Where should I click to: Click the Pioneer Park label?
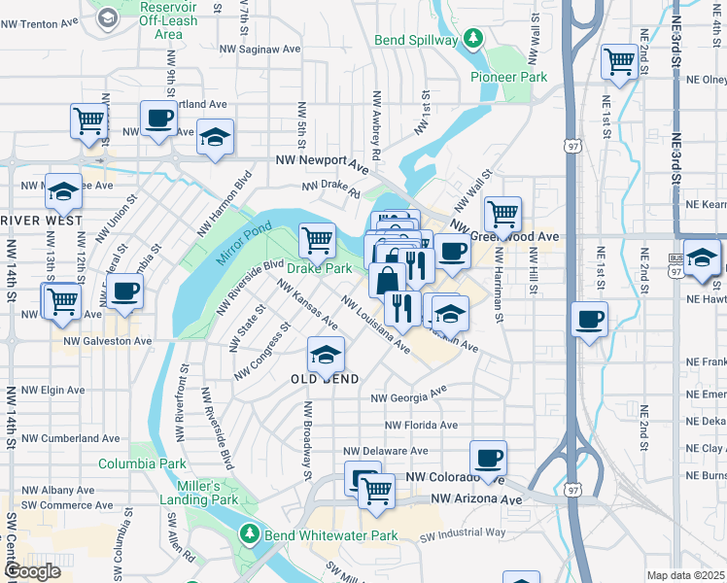[508, 77]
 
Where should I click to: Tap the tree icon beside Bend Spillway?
[472, 39]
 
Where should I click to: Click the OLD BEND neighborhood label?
[326, 378]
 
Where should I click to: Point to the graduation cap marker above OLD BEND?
[326, 354]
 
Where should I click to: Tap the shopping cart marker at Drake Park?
[316, 239]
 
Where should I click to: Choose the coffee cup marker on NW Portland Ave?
[159, 120]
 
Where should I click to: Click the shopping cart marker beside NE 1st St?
[619, 61]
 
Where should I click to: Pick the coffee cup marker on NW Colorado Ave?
[488, 457]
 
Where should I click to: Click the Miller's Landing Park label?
[208, 493]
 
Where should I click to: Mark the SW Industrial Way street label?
[466, 532]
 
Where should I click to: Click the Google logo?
[31, 571]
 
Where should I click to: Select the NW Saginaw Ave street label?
[260, 49]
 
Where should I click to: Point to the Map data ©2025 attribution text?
[685, 575]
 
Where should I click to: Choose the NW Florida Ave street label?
[421, 425]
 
